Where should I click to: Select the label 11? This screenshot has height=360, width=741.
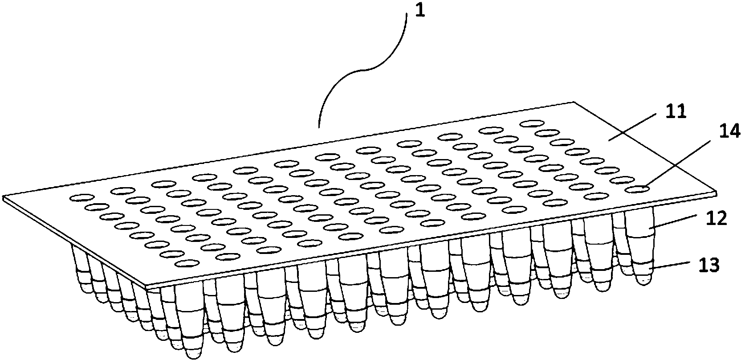tap(675, 111)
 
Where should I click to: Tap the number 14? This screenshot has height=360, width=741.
tap(729, 132)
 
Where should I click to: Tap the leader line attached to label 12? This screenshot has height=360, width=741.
tap(675, 221)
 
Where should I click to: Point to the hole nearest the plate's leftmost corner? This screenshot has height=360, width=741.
tap(81, 198)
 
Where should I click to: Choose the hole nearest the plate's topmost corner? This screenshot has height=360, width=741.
tap(532, 124)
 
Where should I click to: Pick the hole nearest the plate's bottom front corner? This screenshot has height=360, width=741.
tap(188, 263)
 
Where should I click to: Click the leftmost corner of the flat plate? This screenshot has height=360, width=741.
tap(3, 196)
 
